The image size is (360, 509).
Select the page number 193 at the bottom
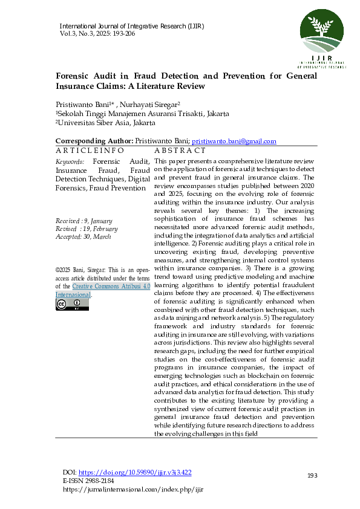312,476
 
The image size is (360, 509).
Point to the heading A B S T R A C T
180,150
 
